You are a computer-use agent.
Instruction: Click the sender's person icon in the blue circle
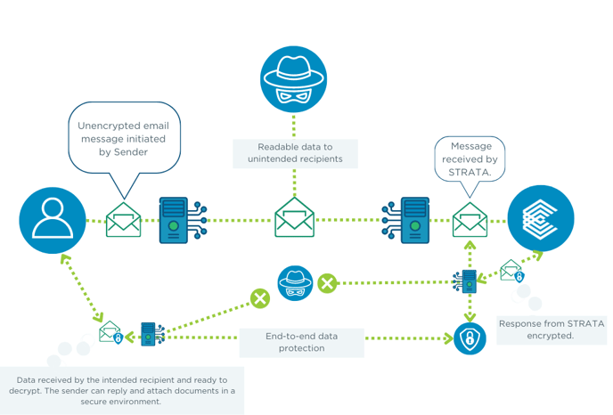tap(53, 220)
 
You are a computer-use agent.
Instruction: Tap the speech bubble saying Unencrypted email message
tap(124, 138)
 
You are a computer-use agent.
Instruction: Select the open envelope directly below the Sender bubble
tap(124, 220)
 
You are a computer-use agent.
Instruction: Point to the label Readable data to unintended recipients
tap(295, 153)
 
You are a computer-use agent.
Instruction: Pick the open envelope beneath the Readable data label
tap(295, 218)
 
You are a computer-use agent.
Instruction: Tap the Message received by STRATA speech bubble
tap(469, 159)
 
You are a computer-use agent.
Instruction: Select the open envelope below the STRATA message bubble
tap(470, 220)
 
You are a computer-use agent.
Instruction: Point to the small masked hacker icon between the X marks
tap(295, 283)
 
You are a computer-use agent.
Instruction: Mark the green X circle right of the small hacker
tap(327, 283)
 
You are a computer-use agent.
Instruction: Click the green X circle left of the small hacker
tap(260, 297)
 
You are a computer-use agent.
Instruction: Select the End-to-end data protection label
tap(301, 342)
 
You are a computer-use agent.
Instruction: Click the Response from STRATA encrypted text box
tap(550, 330)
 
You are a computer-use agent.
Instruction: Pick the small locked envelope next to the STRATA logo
tap(512, 273)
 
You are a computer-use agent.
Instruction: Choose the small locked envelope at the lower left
tap(110, 334)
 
